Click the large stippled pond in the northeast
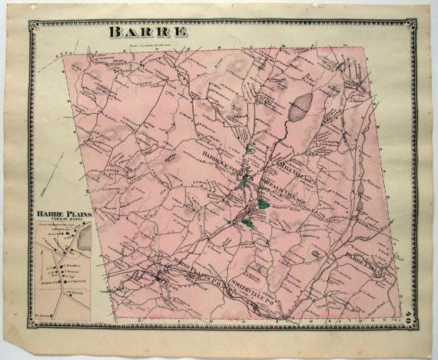(x=300, y=105)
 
